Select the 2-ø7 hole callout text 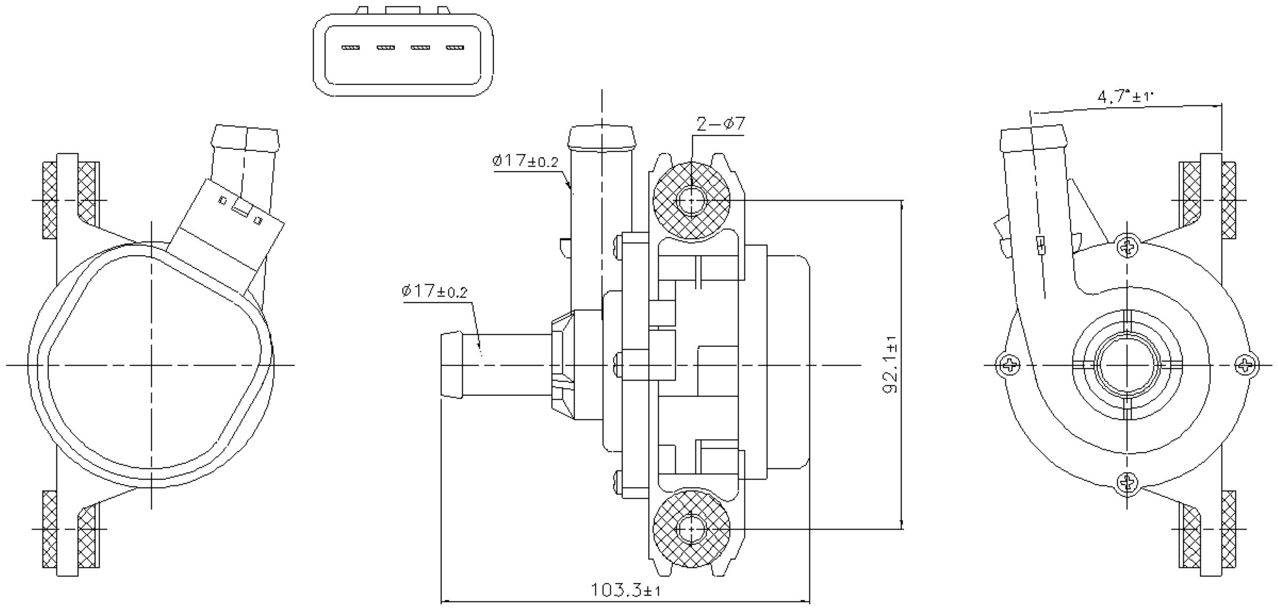[720, 124]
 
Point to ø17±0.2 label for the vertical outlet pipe [525, 161]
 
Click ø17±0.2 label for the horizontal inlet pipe [434, 291]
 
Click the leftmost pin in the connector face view [350, 48]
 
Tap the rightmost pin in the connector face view [455, 48]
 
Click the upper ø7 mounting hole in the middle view [691, 201]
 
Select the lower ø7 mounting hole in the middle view [691, 529]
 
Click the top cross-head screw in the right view [1128, 246]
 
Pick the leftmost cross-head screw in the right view [1009, 365]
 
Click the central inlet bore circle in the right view [1128, 365]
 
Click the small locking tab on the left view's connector [241, 209]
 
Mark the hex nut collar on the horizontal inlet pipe [562, 366]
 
